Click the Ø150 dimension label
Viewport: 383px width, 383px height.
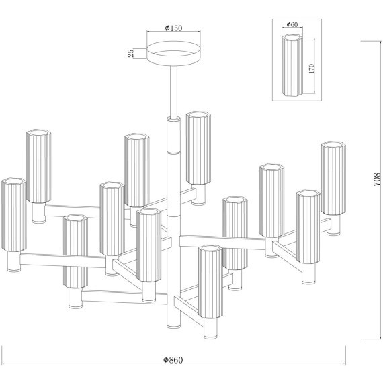[x=173, y=28]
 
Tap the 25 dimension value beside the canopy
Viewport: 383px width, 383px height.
[x=131, y=53]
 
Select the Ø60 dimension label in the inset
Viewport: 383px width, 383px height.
[x=292, y=24]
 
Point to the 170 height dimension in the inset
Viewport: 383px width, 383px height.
[x=311, y=69]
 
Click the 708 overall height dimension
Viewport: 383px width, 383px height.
[x=377, y=179]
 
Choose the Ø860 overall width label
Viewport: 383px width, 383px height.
[x=173, y=359]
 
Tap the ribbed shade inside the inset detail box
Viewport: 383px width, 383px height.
[x=292, y=65]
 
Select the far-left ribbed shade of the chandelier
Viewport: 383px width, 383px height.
[x=13, y=215]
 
